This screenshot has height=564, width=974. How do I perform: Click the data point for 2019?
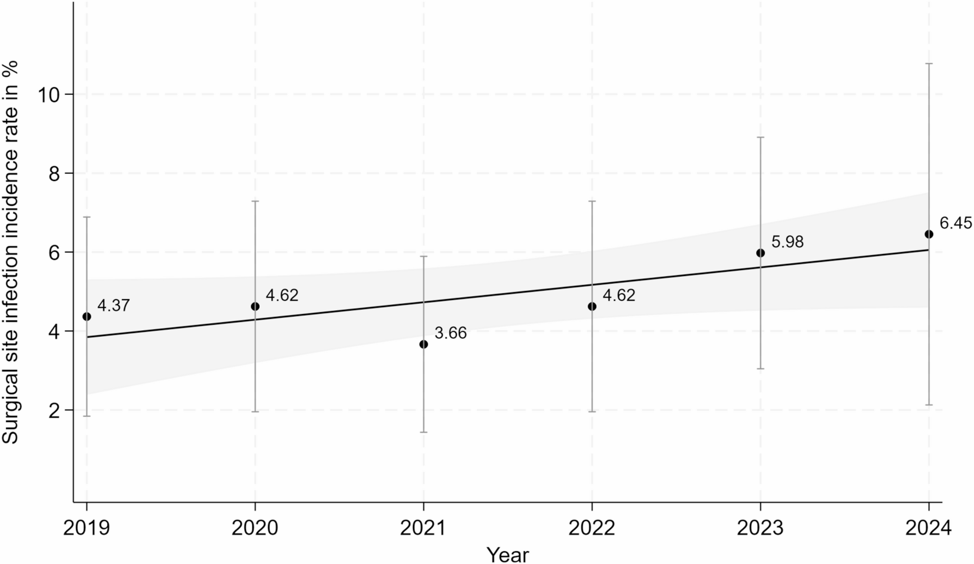click(x=87, y=317)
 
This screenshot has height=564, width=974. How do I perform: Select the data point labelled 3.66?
click(x=423, y=344)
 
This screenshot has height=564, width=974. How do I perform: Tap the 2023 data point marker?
click(x=760, y=253)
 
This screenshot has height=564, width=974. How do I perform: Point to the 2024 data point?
click(x=928, y=234)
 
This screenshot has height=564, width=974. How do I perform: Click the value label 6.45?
click(x=956, y=224)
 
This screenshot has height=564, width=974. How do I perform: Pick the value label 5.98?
click(x=787, y=242)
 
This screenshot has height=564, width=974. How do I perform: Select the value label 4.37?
click(x=114, y=306)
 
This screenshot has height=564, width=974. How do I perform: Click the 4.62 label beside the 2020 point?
click(x=282, y=295)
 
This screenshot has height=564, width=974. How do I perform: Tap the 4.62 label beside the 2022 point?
click(x=618, y=295)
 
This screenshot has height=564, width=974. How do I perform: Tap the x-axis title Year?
click(x=507, y=554)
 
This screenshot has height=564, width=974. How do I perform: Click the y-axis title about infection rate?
click(x=11, y=252)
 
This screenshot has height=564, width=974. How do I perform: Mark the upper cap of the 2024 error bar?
click(x=928, y=64)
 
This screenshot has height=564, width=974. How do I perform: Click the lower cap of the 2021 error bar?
click(x=423, y=432)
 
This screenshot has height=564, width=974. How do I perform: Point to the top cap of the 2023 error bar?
click(x=760, y=137)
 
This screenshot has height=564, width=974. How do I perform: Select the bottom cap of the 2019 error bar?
click(x=87, y=416)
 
